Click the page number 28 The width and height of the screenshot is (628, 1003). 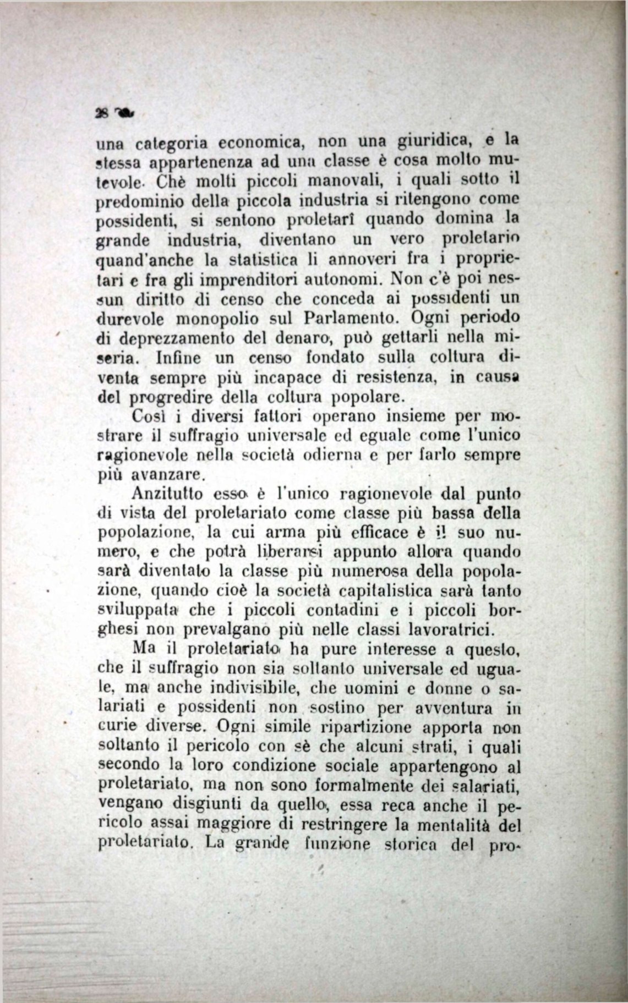[101, 114]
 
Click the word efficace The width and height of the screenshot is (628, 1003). [378, 533]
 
